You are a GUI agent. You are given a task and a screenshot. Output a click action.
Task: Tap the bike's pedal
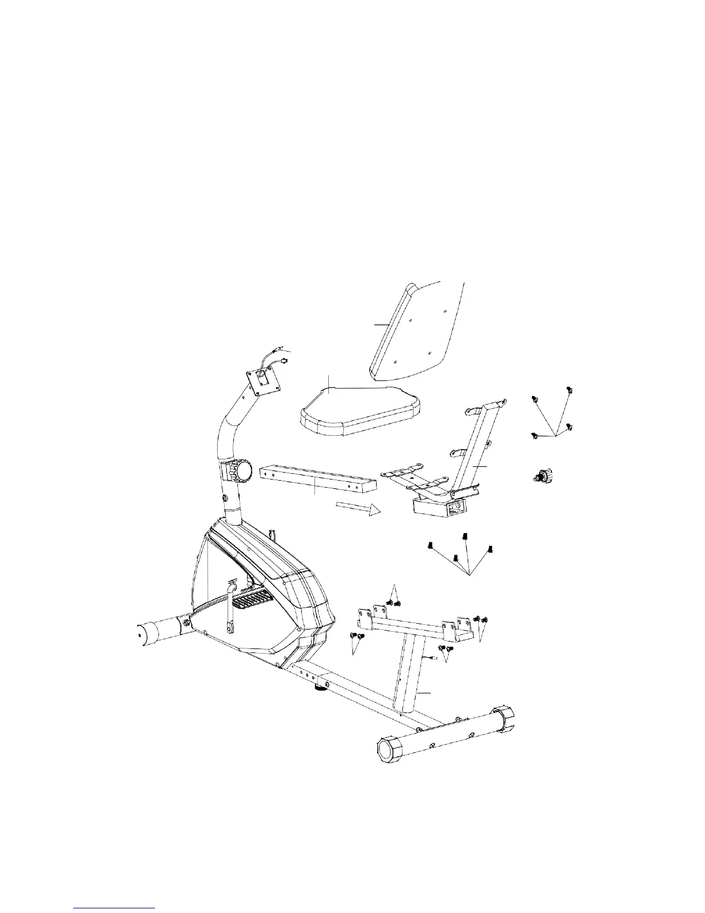(x=253, y=602)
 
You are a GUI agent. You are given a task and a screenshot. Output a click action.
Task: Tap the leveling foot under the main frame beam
(x=319, y=686)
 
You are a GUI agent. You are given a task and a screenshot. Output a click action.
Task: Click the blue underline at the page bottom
(x=115, y=908)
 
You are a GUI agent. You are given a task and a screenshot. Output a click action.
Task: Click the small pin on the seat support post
(x=432, y=657)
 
